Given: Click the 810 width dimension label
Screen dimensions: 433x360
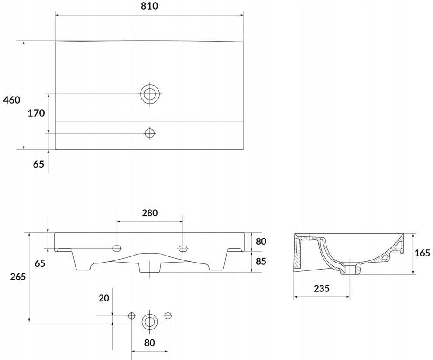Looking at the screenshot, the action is [x=149, y=6].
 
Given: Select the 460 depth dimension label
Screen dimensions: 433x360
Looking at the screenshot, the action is [x=12, y=100].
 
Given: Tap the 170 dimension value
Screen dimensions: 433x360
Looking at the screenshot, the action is [x=36, y=113].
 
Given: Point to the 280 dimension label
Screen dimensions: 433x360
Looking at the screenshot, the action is [x=150, y=213].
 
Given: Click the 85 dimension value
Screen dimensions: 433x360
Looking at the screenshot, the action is [x=261, y=261].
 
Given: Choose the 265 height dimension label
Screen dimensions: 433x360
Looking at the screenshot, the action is [x=18, y=276].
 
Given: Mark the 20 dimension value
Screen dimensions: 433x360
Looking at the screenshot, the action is [x=104, y=298].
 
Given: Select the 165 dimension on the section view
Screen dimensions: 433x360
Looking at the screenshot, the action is [x=423, y=253].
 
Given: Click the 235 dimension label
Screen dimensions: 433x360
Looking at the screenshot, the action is [x=322, y=288].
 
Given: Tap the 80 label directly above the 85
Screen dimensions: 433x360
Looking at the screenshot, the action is [x=261, y=241].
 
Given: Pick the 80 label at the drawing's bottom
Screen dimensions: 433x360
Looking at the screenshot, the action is [x=149, y=343].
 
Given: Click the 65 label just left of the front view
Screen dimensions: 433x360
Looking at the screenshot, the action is [x=40, y=263].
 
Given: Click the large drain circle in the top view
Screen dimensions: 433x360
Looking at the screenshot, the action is [x=150, y=94].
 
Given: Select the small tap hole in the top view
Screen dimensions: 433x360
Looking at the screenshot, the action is [x=150, y=133].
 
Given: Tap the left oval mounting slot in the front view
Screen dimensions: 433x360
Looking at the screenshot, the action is [x=117, y=248].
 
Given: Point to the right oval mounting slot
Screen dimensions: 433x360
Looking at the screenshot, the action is [x=182, y=248].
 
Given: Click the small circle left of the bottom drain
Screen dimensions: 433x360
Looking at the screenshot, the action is [x=132, y=315].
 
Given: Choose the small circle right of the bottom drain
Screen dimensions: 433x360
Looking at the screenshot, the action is [x=168, y=315].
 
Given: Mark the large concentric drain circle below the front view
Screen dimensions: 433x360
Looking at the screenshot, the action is [x=150, y=322].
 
